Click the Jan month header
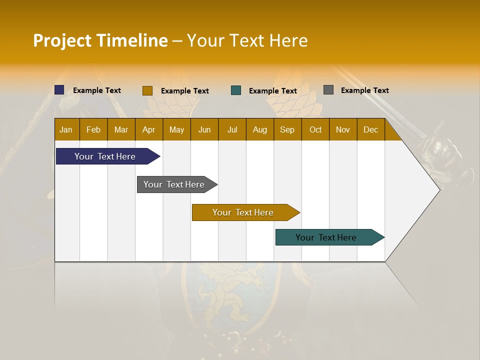(x=66, y=129)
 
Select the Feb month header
(x=93, y=129)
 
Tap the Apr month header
(x=148, y=129)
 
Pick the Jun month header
(x=204, y=129)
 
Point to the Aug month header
(x=259, y=129)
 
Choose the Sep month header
(x=287, y=129)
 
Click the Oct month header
(x=315, y=129)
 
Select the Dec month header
(x=370, y=129)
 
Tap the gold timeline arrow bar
(x=243, y=212)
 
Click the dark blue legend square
(x=59, y=90)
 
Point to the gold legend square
(x=147, y=90)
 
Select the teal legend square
(x=236, y=90)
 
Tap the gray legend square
(x=328, y=90)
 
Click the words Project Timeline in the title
(x=100, y=40)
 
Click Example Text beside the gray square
(x=364, y=90)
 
